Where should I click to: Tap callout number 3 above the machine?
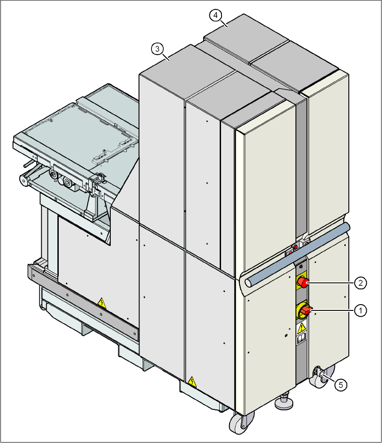(156, 48)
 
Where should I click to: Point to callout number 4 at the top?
(216, 15)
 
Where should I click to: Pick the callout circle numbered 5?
(341, 384)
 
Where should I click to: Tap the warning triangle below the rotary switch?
(302, 328)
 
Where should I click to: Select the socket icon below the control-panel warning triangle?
(302, 339)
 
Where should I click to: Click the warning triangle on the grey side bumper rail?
(102, 303)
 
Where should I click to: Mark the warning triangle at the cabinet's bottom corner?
(192, 382)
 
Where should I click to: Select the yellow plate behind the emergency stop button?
(301, 279)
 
